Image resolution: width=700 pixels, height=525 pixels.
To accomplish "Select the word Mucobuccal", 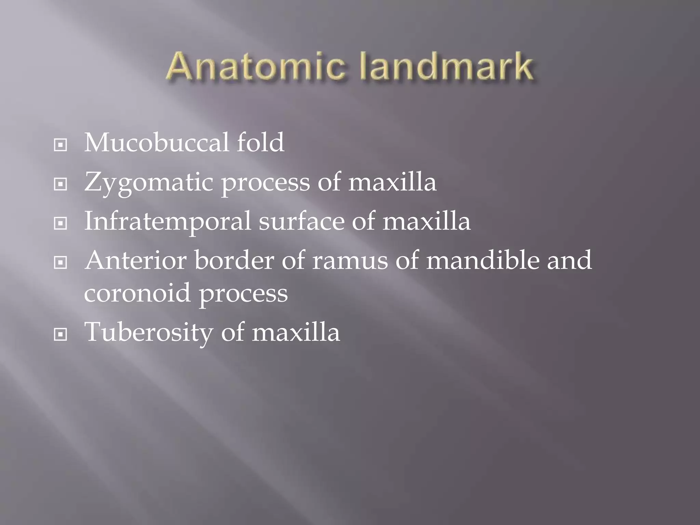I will click(156, 143).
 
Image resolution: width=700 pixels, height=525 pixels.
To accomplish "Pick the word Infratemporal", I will click(167, 221).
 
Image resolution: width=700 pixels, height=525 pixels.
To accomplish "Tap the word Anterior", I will click(136, 260).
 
